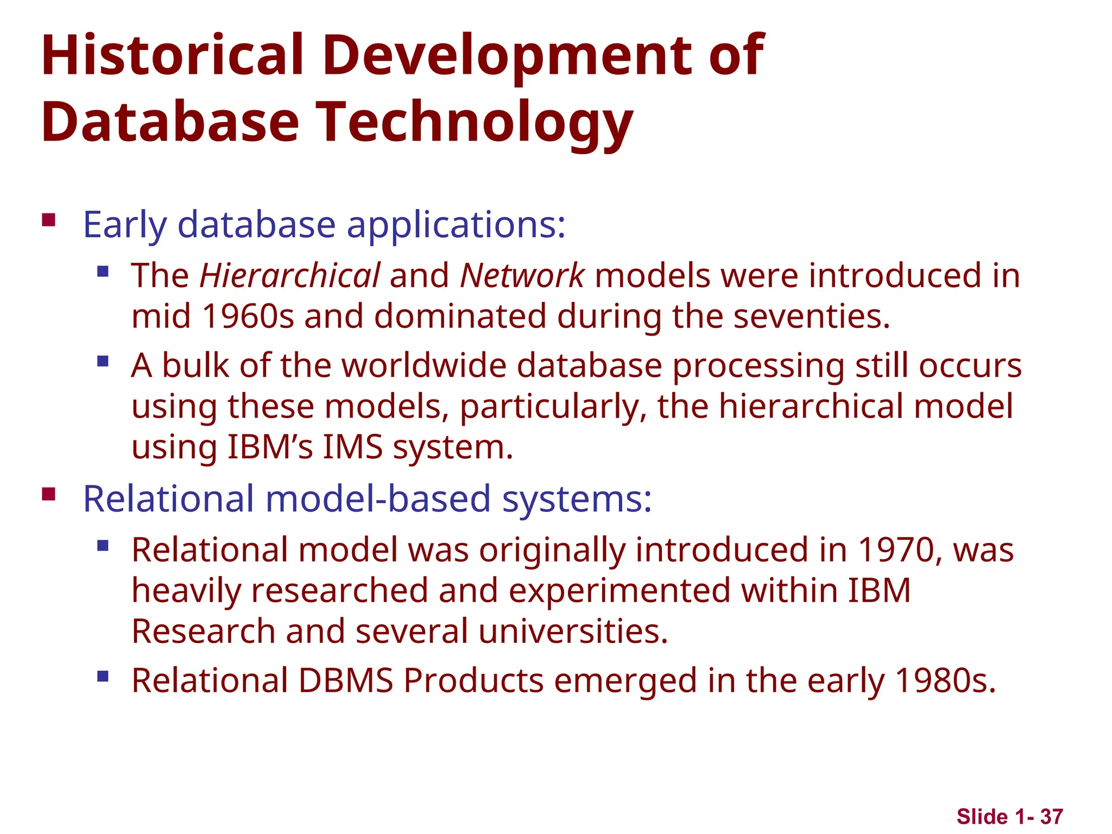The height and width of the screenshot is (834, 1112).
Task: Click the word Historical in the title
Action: (x=172, y=55)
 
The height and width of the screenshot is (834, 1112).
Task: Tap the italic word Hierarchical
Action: (x=290, y=275)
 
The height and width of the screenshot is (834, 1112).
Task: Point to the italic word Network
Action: (x=522, y=275)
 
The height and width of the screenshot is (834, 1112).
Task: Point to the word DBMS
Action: (x=346, y=680)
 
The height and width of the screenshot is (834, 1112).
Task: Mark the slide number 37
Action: (x=1051, y=817)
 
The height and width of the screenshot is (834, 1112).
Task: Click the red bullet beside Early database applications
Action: (x=49, y=220)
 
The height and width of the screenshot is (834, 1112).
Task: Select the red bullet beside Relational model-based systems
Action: (x=49, y=494)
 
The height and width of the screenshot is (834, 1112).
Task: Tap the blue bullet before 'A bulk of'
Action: (x=103, y=361)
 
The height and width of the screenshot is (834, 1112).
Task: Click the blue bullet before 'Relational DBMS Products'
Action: (x=103, y=676)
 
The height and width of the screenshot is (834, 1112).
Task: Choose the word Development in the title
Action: (x=507, y=55)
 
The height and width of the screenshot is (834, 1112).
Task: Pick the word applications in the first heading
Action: (x=456, y=225)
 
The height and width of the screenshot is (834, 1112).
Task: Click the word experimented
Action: (x=620, y=591)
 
